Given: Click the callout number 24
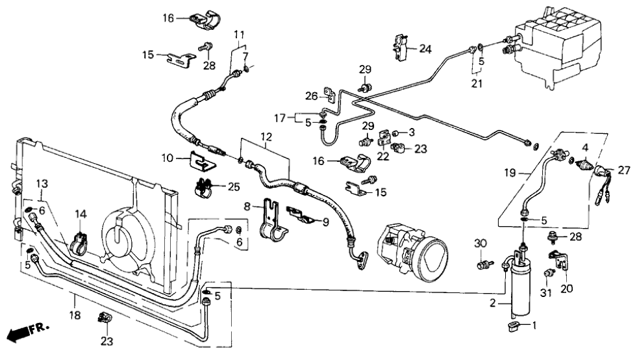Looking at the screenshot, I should click(425, 49).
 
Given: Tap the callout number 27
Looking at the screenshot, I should click(624, 170).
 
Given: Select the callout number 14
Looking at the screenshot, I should click(80, 214).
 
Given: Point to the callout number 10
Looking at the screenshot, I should click(168, 157).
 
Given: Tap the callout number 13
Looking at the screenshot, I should click(42, 183).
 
